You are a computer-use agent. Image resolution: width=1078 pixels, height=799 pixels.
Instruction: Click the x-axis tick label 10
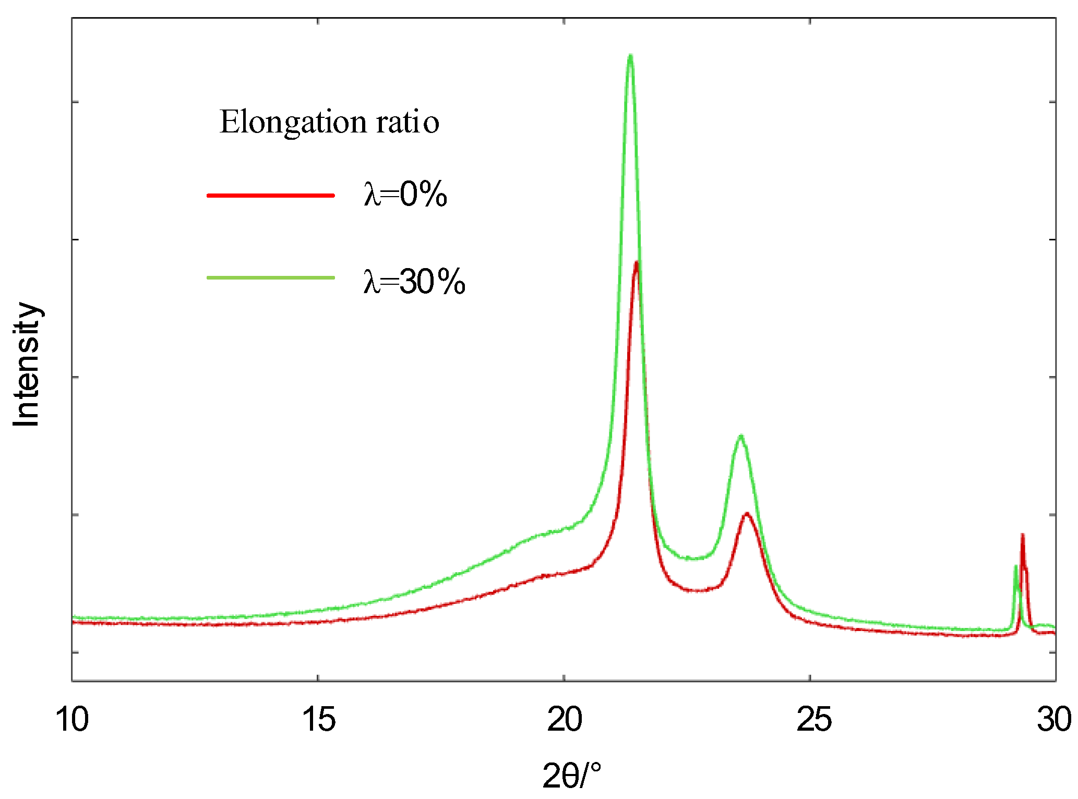(72, 720)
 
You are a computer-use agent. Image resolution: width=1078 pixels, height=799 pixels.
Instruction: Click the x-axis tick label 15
(318, 720)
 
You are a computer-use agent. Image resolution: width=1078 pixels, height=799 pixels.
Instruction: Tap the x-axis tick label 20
(565, 720)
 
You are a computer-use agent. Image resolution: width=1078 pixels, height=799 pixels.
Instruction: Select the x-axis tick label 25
(813, 720)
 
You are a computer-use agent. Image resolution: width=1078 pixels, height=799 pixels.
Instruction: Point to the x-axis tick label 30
(1054, 720)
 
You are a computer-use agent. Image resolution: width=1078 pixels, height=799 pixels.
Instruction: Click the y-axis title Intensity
(26, 364)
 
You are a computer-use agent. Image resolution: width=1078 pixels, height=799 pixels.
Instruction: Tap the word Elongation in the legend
(293, 122)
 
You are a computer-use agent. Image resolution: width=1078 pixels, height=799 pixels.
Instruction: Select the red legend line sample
(270, 196)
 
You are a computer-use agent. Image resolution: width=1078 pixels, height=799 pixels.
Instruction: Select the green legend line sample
(270, 277)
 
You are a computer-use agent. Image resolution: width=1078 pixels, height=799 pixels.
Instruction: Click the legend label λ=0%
(405, 195)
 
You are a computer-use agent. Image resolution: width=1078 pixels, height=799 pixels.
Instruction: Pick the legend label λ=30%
(414, 282)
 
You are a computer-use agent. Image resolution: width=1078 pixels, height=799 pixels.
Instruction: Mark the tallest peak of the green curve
(630, 55)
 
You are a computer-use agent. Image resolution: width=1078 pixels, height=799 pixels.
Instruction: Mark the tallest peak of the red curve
(637, 262)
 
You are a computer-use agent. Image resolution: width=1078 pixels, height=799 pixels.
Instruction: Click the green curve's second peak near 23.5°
(740, 435)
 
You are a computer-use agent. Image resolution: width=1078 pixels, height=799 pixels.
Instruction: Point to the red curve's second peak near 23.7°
(747, 514)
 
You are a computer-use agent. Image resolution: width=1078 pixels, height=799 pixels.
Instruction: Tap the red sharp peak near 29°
(1022, 535)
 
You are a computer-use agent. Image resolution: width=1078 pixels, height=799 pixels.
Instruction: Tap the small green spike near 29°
(1015, 566)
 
